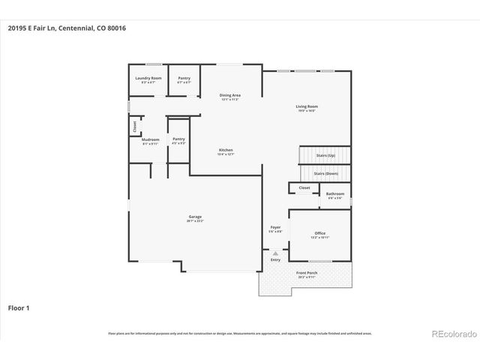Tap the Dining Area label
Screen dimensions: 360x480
(x=229, y=95)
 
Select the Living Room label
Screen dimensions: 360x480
(x=306, y=107)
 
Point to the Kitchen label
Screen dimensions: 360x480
(x=226, y=151)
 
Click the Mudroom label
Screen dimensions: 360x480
(x=150, y=140)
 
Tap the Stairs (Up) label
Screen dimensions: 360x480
(x=325, y=155)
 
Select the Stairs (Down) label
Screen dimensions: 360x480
(x=325, y=173)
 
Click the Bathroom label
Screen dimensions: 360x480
(x=334, y=194)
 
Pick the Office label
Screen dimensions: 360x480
(x=320, y=234)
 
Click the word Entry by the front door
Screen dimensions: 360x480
(x=275, y=259)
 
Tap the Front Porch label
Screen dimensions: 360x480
(x=307, y=274)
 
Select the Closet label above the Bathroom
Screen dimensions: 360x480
(x=304, y=187)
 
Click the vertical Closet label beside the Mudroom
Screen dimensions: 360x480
(x=135, y=126)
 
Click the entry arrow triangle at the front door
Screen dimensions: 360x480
(x=275, y=253)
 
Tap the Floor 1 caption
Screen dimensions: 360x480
(x=19, y=307)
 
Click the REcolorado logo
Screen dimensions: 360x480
(x=451, y=334)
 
